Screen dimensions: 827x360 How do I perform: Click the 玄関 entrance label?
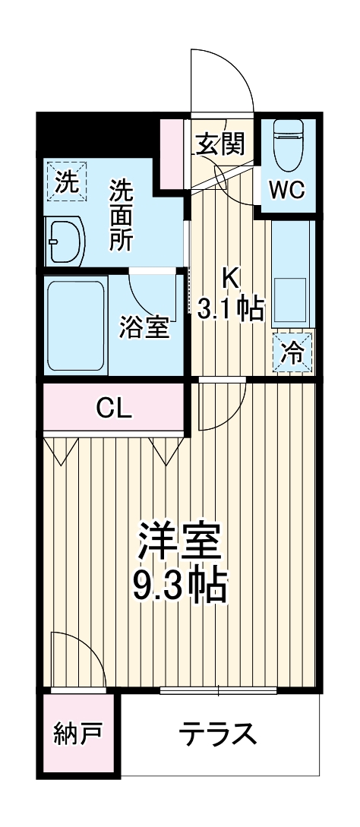coord(220,144)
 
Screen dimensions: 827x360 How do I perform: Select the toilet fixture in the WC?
coord(289,144)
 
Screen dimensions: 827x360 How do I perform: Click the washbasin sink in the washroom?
coord(64,240)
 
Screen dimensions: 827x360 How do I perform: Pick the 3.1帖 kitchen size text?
coord(231,308)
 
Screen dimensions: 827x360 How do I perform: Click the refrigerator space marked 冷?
coord(292,353)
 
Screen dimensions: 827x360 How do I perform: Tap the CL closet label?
coord(114,408)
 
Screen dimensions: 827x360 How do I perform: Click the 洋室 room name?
coord(179,541)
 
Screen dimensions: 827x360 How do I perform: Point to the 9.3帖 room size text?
coord(179,585)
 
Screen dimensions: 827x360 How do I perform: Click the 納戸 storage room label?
coord(77,734)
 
